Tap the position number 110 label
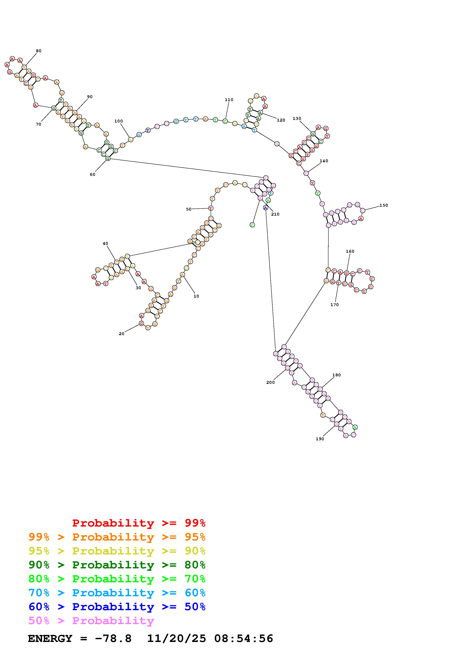pos(229,100)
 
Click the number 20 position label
pos(122,334)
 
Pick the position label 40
pos(105,243)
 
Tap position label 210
pos(275,214)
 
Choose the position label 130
pos(297,118)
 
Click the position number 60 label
pos(93,174)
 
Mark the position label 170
pos(335,305)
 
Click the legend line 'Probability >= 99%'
pos(139,523)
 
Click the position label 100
pos(118,121)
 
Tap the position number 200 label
pos(270,382)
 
